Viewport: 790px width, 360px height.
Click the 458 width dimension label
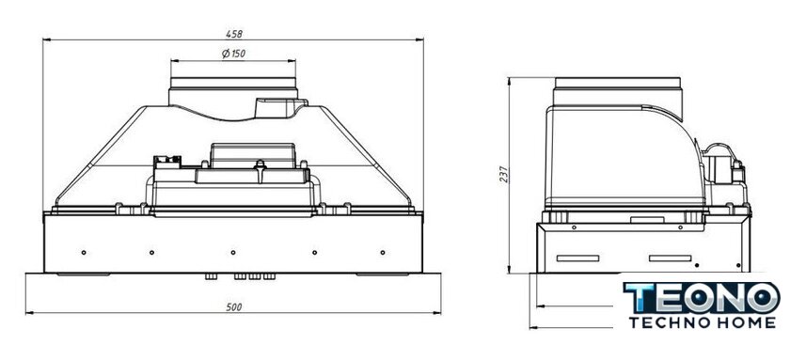234,34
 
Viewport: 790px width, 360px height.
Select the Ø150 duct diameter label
234,54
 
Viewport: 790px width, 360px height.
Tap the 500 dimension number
234,307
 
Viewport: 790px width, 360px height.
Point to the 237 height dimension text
504,174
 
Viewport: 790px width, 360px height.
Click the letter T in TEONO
640,298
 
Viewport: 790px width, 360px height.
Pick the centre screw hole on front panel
233,252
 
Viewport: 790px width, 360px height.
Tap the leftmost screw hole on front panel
84,252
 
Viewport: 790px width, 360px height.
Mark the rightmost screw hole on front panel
383,252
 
